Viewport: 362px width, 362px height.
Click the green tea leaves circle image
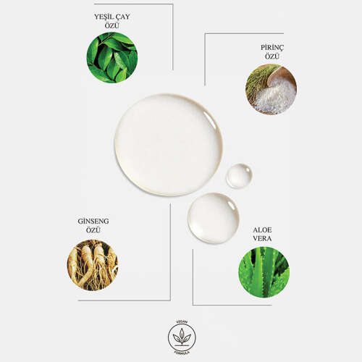pos(111,57)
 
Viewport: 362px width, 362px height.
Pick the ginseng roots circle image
pos(92,265)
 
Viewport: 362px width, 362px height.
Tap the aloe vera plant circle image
pos(264,271)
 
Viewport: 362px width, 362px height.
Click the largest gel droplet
pos(168,145)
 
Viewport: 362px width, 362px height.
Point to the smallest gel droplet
pos(239,176)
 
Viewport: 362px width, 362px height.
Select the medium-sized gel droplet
pos(213,217)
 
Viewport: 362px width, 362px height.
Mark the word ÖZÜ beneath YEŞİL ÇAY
pos(111,26)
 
